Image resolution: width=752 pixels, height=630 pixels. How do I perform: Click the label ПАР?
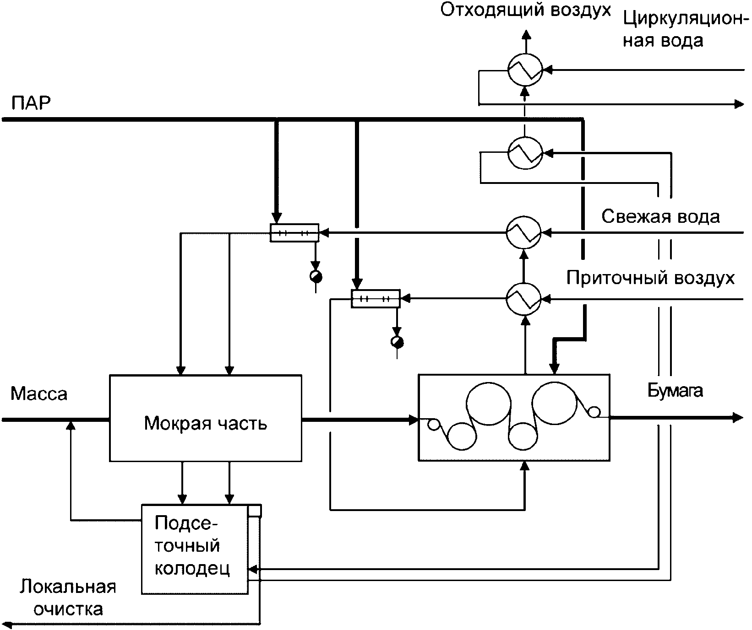coord(31,103)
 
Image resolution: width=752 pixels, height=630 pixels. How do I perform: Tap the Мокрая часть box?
coord(205,418)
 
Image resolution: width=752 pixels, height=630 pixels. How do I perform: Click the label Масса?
coord(39,393)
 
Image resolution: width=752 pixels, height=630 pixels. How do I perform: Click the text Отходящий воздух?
coord(526,10)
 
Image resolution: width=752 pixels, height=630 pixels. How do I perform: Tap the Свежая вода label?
coord(660,216)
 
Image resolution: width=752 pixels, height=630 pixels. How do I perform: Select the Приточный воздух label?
coord(650,278)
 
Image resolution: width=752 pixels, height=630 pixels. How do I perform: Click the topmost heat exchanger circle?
coord(525,70)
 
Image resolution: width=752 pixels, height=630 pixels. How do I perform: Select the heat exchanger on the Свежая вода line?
coord(523,233)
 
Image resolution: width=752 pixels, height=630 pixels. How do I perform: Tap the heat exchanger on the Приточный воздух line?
coord(523,299)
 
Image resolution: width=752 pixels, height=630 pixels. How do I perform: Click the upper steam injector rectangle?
coord(294,233)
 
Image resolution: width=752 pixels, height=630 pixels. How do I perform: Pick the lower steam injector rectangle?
coord(376,299)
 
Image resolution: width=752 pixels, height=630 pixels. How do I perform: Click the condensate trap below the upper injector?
coord(316,276)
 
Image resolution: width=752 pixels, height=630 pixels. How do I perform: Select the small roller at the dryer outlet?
coord(594,412)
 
